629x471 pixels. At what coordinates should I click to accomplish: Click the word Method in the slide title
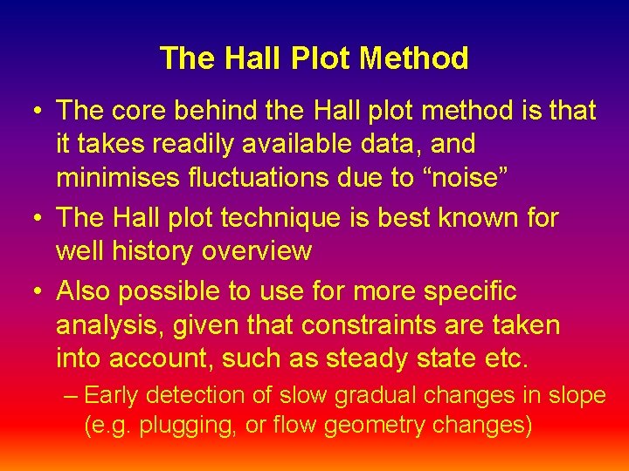coord(413,58)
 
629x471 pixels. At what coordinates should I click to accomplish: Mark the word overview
coord(257,251)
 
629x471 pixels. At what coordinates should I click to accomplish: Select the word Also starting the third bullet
coord(86,290)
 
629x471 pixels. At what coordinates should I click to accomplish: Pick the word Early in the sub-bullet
coord(112,395)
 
